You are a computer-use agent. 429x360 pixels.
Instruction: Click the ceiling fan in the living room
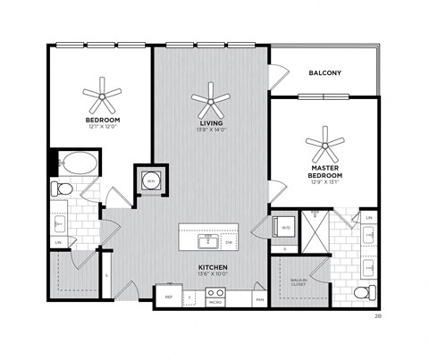tap(210, 96)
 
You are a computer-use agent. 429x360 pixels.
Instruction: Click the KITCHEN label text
tap(212, 267)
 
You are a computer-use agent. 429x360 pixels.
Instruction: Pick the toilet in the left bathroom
tap(62, 188)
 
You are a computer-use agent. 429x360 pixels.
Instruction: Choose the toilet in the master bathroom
tap(362, 292)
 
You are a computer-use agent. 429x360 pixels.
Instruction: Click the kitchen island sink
tap(211, 240)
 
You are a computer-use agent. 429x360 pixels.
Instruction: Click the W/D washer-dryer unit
tap(282, 226)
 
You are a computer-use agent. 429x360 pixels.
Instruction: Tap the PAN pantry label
tap(259, 300)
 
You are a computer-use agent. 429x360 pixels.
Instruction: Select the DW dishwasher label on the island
tap(230, 242)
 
